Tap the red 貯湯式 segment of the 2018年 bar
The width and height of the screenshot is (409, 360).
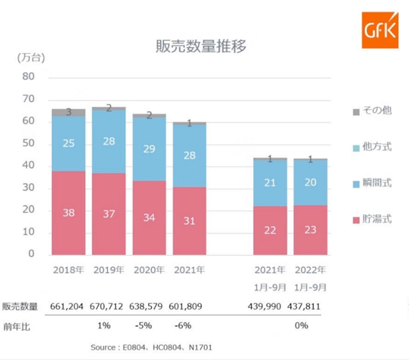pyautogui.click(x=69, y=212)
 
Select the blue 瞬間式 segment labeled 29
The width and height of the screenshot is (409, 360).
pyautogui.click(x=149, y=148)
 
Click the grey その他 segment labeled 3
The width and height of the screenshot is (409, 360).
pyautogui.click(x=69, y=112)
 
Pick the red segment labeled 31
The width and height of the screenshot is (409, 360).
pyautogui.click(x=190, y=220)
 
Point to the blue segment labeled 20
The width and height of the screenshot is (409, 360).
pyautogui.click(x=310, y=183)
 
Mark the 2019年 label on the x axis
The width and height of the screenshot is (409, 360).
pyautogui.click(x=109, y=270)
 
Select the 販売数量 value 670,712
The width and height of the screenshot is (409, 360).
pyautogui.click(x=109, y=307)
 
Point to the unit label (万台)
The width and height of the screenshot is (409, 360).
pyautogui.click(x=31, y=58)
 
